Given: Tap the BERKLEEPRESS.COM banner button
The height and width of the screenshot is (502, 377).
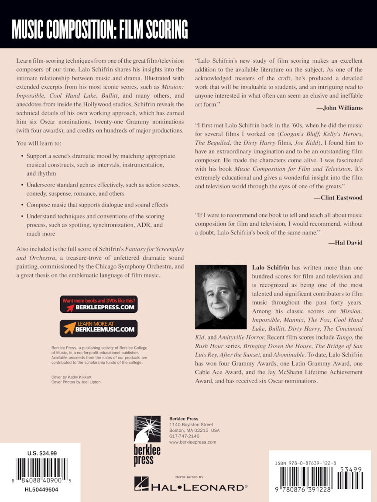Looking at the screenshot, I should pos(99,304).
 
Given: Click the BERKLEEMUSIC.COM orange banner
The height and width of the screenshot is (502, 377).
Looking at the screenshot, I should pos(99,328).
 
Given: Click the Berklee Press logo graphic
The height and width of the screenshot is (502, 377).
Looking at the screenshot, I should pos(147,441).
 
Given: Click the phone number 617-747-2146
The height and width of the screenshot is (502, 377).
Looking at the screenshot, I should pos(184,436).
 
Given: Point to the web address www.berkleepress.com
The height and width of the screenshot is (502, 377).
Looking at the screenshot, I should pos(192,442).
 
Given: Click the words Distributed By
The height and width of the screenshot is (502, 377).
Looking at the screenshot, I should pos(189,477).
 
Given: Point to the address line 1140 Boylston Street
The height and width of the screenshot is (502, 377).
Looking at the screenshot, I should pos(191,424).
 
